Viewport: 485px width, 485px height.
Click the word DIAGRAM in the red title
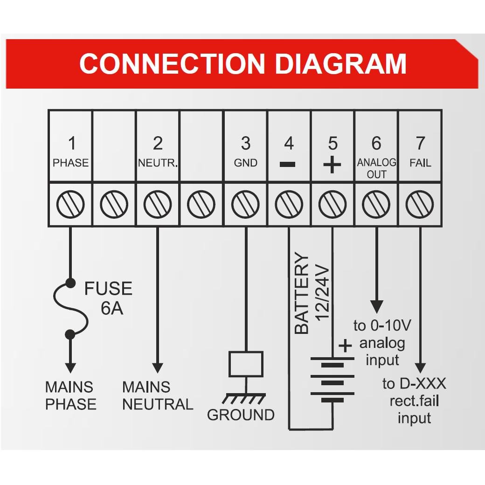point(341,64)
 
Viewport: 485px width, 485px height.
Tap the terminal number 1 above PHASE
point(71,143)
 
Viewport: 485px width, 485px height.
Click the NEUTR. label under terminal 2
point(158,163)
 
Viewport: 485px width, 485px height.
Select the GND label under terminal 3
point(245,163)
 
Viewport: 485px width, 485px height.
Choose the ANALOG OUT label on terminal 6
point(376,168)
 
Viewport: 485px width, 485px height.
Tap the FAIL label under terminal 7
point(420,163)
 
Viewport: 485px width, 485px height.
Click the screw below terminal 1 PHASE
point(71,204)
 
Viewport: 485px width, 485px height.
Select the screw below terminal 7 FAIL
point(420,204)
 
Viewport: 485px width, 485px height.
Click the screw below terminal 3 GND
point(245,204)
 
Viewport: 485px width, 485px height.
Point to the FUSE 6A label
point(108,298)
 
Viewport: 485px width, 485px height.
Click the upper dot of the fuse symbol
point(70,283)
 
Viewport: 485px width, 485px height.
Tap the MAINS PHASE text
point(70,395)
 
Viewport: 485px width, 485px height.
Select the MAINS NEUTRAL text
point(157,395)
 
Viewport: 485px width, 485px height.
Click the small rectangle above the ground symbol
point(246,364)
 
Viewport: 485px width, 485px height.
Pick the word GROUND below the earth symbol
point(241,415)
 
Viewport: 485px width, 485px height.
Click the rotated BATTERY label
point(302,294)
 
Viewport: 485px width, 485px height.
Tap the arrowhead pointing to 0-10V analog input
point(376,306)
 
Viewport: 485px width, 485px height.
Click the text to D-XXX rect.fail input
point(414,401)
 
